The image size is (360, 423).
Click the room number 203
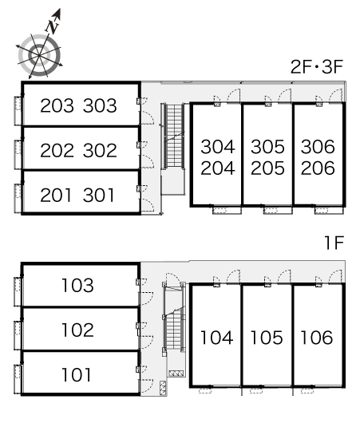(57, 105)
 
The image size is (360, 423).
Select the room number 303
(100, 105)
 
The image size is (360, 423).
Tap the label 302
(100, 150)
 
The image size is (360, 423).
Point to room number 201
(56, 195)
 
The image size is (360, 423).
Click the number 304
(218, 147)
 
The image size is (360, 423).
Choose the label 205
(267, 168)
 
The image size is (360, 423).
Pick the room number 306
(318, 147)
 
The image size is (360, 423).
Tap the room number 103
(77, 285)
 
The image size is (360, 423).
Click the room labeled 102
(77, 330)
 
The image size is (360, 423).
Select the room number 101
(77, 374)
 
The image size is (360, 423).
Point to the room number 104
(216, 338)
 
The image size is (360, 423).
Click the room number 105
(267, 338)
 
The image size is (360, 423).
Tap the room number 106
(317, 338)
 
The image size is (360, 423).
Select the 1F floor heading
(334, 243)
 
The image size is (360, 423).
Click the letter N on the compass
(53, 26)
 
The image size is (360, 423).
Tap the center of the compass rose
(40, 56)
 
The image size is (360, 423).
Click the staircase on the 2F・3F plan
(174, 136)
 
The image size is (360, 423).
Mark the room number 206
(318, 168)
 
